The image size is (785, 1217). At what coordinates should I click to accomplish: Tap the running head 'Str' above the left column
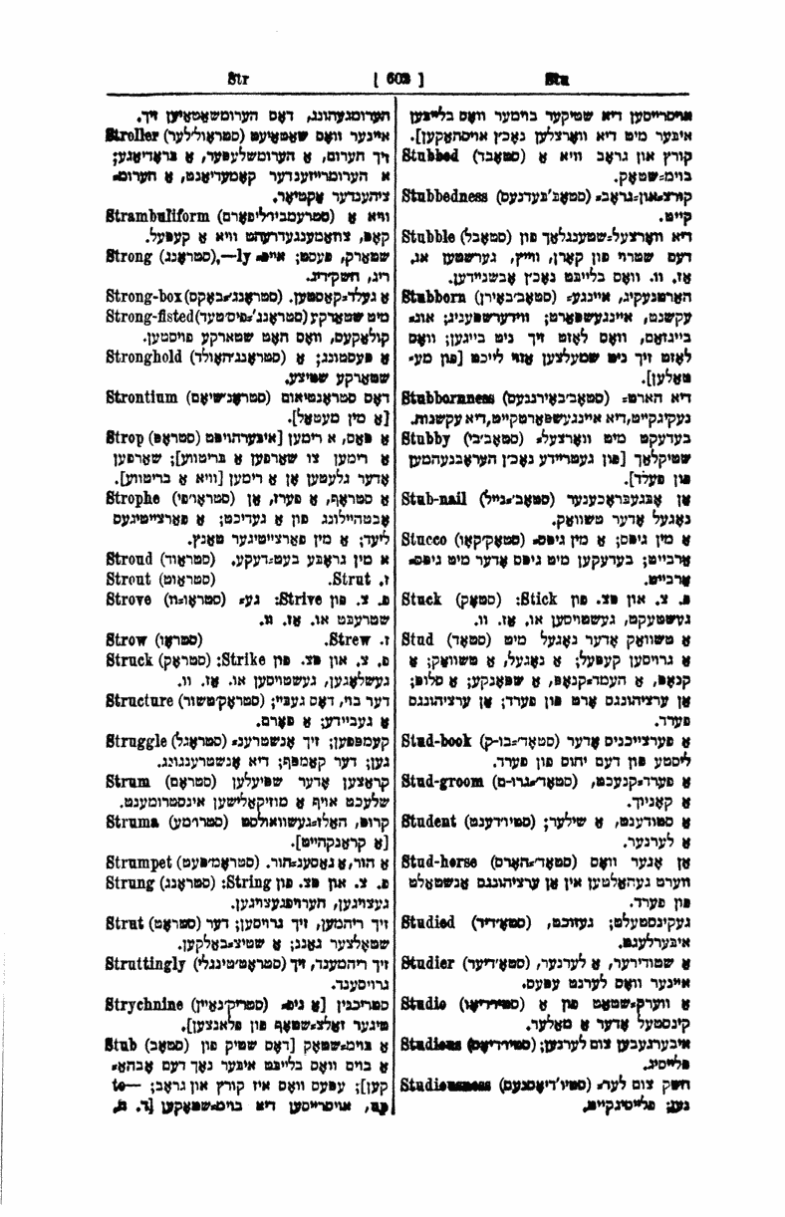click(237, 74)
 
